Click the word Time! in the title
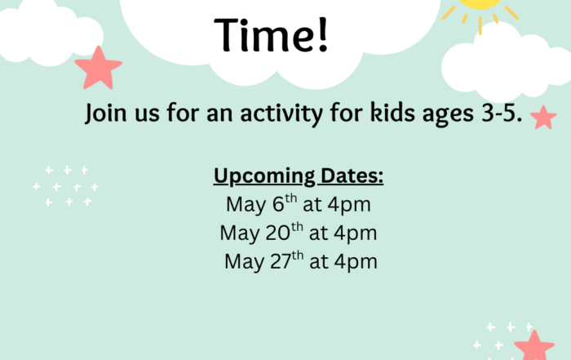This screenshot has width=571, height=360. (272, 35)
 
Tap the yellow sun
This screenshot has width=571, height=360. (480, 11)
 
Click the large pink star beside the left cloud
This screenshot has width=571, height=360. (99, 69)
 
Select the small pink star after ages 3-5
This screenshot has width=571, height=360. (543, 118)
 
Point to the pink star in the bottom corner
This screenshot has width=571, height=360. (534, 346)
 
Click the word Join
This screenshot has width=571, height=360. (106, 113)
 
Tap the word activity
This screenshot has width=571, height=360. (281, 113)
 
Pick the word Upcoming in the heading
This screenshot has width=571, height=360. (264, 176)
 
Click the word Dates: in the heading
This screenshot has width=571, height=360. (352, 176)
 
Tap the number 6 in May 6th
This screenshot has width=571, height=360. (278, 204)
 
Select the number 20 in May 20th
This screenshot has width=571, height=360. (278, 233)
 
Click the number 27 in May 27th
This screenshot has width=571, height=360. (281, 261)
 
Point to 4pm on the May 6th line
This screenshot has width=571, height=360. (349, 206)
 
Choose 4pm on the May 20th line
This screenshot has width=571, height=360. (355, 234)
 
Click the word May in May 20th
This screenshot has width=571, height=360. (240, 234)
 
